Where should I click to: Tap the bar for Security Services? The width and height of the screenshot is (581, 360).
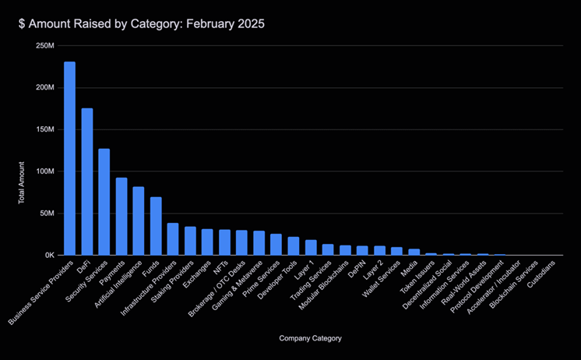(104, 202)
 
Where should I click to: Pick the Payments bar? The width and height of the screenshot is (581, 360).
(121, 216)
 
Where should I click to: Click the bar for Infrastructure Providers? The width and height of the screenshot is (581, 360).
(173, 239)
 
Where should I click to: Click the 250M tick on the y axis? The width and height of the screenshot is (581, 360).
(44, 45)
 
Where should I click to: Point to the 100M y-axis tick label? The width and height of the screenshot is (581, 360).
(44, 171)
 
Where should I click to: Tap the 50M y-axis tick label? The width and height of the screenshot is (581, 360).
(45, 214)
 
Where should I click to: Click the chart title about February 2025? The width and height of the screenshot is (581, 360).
(142, 24)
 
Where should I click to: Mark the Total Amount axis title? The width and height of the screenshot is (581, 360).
(22, 184)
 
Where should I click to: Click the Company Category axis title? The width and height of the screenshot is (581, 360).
(309, 338)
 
